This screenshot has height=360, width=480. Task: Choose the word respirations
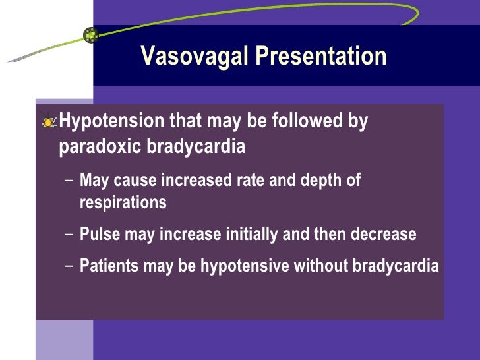(x=123, y=202)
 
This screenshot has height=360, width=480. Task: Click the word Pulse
(x=98, y=234)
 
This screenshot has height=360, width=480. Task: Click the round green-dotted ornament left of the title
(x=91, y=35)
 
